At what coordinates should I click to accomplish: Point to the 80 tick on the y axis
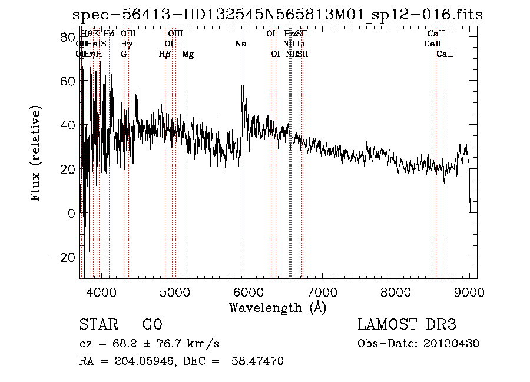point(80,37)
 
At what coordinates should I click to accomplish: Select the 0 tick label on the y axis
point(71,213)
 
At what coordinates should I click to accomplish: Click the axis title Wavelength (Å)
point(277,307)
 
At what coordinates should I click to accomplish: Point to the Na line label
point(240,44)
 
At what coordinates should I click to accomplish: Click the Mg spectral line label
point(188,54)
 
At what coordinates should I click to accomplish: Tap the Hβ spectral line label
point(165,54)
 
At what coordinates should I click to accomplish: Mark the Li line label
point(301,44)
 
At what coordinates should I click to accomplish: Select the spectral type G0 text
point(152,325)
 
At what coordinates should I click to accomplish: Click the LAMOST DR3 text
point(406,325)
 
